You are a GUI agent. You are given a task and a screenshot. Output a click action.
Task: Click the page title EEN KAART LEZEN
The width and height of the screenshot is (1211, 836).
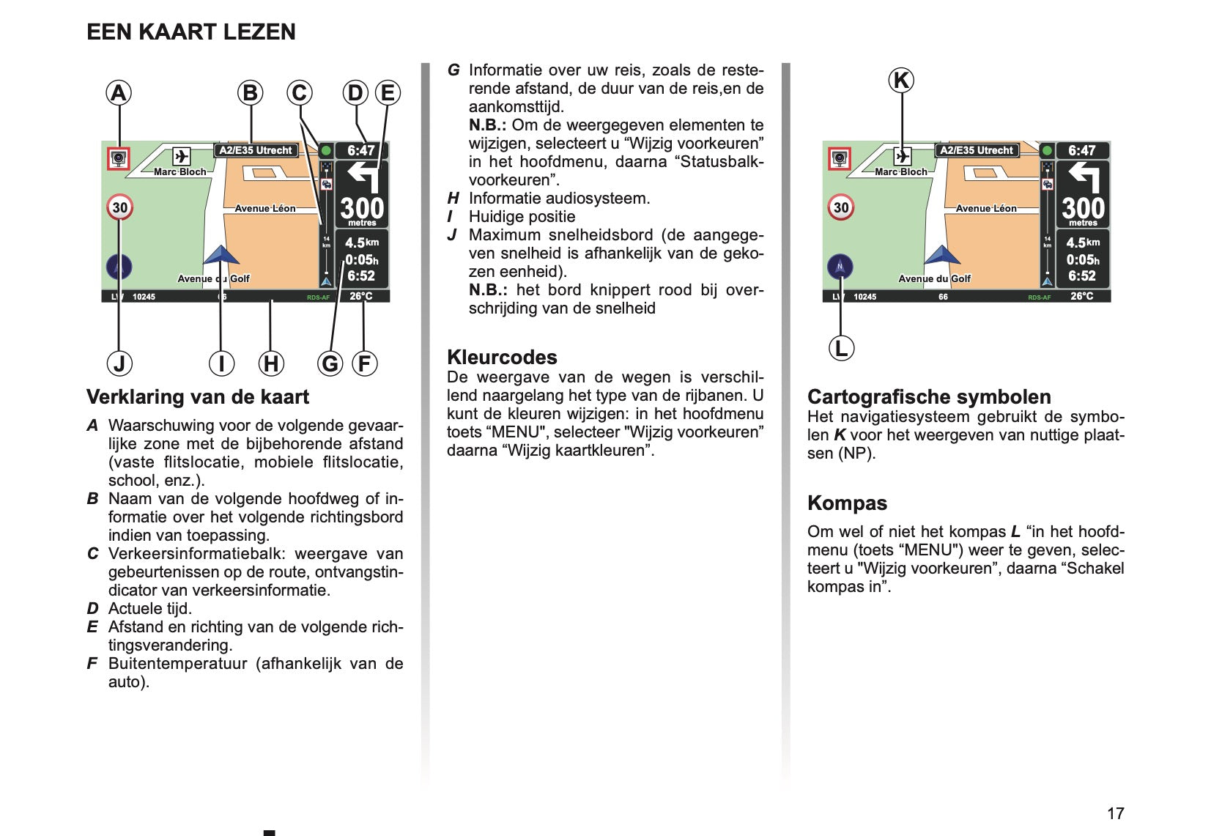pos(191,32)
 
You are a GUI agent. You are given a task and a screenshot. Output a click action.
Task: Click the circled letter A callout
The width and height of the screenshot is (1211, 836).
pos(119,93)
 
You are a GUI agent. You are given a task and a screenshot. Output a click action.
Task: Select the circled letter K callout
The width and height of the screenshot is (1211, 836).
pos(901,80)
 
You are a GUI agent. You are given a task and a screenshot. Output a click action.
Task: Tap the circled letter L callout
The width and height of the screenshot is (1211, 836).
pos(841,348)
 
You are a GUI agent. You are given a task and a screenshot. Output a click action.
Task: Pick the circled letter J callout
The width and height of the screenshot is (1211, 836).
pos(119,363)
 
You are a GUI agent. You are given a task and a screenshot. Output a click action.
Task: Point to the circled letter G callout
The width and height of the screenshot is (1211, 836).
pos(330,363)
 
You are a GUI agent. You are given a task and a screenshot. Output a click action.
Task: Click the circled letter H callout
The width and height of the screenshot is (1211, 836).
pos(271,363)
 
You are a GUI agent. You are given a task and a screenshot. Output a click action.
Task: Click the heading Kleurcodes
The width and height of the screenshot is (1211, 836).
pos(502,357)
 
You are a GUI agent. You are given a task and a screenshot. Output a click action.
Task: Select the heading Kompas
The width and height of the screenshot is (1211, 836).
pos(847,503)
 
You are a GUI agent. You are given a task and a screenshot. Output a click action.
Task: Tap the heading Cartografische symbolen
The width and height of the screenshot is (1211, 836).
pos(929,396)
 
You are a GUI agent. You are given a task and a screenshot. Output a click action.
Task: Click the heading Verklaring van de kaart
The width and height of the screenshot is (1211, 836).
pos(198,396)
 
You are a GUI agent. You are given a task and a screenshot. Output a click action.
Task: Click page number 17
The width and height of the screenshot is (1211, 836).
pos(1115,813)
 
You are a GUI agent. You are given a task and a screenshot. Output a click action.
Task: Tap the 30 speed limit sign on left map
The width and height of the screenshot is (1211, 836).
pos(119,207)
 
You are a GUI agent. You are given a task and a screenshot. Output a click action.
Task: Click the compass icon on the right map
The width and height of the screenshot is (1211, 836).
pos(840,267)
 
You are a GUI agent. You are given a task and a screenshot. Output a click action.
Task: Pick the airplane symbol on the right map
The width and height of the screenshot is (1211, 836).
pos(903,156)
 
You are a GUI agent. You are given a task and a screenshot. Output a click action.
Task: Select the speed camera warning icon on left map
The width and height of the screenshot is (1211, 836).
pos(118,158)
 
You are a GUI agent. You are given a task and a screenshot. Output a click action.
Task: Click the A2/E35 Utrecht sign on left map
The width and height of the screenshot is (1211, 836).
pos(256,150)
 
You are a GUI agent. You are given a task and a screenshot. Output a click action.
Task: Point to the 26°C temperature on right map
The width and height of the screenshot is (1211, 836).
pos(1081,296)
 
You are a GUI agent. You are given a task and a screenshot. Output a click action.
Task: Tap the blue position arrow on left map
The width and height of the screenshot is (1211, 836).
pos(221,256)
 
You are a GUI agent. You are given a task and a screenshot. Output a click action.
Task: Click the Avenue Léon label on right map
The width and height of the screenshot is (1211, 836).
pos(986,208)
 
